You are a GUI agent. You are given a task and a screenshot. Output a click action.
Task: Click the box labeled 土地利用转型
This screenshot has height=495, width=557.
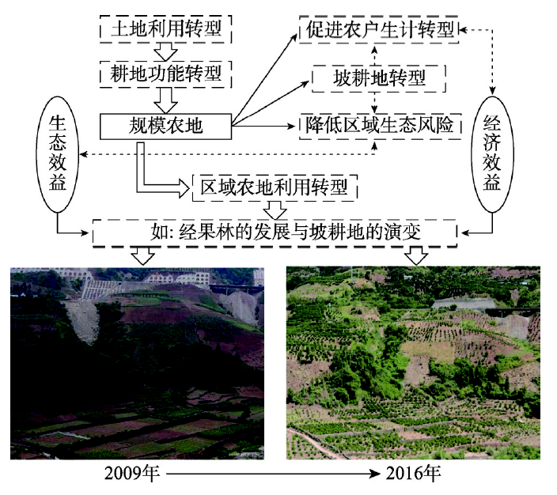166,29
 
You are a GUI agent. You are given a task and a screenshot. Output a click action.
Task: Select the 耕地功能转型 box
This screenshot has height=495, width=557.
166,75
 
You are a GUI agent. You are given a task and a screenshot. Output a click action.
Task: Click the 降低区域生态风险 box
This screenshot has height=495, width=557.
380,124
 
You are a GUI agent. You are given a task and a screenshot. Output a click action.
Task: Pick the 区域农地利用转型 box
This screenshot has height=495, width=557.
275,188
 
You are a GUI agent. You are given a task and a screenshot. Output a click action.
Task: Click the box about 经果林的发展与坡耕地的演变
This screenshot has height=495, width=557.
275,232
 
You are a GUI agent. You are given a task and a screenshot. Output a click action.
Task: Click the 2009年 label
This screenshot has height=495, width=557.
132,476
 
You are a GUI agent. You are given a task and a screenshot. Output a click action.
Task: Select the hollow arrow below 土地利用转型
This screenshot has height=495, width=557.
166,52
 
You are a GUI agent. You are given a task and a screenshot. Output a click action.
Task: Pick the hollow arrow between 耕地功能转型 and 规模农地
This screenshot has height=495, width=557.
166,100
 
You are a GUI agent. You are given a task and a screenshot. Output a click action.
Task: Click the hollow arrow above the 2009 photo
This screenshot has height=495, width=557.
143,255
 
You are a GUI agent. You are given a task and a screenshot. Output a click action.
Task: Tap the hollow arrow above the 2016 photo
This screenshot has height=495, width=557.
416,255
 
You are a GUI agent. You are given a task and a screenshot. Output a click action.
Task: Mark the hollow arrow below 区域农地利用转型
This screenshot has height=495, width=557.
275,209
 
